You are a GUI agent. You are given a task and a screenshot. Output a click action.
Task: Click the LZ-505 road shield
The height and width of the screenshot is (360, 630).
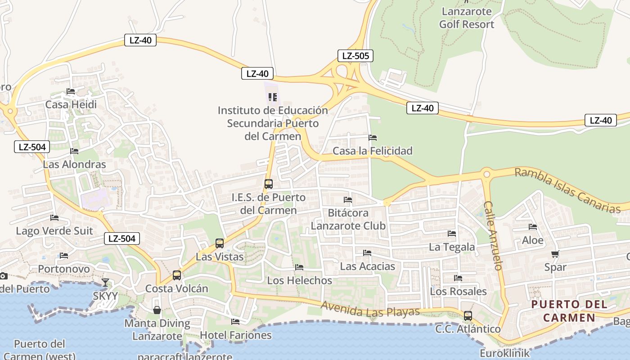pos(355,56)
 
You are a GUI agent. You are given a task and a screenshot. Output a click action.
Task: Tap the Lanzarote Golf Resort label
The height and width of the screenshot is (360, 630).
pos(467,18)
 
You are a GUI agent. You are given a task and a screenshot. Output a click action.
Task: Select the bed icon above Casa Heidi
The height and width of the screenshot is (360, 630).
pos(71,91)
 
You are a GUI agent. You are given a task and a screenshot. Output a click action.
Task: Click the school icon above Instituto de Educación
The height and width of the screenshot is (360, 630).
pos(272,97)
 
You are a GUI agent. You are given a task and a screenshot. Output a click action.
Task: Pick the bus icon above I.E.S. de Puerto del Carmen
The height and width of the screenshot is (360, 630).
pos(269,184)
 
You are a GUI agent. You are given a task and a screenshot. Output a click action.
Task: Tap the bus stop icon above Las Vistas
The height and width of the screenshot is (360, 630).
pos(220,243)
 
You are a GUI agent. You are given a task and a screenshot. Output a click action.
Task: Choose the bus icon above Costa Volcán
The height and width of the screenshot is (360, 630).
pos(177,275)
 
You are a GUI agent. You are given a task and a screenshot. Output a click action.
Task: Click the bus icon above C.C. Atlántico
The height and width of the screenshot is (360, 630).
pos(468,315)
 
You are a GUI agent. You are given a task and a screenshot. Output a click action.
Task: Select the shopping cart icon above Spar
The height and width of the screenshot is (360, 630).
pos(555,254)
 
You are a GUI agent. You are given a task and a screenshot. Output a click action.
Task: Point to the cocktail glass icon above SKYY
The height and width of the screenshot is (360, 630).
pos(105,283)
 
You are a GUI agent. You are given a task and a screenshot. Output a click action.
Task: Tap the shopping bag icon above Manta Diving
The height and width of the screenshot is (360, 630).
pos(157,310)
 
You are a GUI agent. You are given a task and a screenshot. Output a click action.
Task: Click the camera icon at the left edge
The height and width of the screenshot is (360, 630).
pos(3,276)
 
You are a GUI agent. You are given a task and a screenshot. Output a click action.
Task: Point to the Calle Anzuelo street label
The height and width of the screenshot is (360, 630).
pos(493,235)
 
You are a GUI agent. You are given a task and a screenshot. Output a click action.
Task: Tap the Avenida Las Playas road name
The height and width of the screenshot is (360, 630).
pos(370,309)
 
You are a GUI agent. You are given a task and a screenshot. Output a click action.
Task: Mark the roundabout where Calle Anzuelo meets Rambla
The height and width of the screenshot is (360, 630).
pos(486,174)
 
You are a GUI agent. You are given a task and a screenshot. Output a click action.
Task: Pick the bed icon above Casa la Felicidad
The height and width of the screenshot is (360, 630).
pos(373,138)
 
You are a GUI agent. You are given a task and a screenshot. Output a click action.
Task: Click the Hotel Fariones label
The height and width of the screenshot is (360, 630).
pos(236,335)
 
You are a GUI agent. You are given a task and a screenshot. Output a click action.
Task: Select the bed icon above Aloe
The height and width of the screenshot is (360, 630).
pos(533,227)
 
